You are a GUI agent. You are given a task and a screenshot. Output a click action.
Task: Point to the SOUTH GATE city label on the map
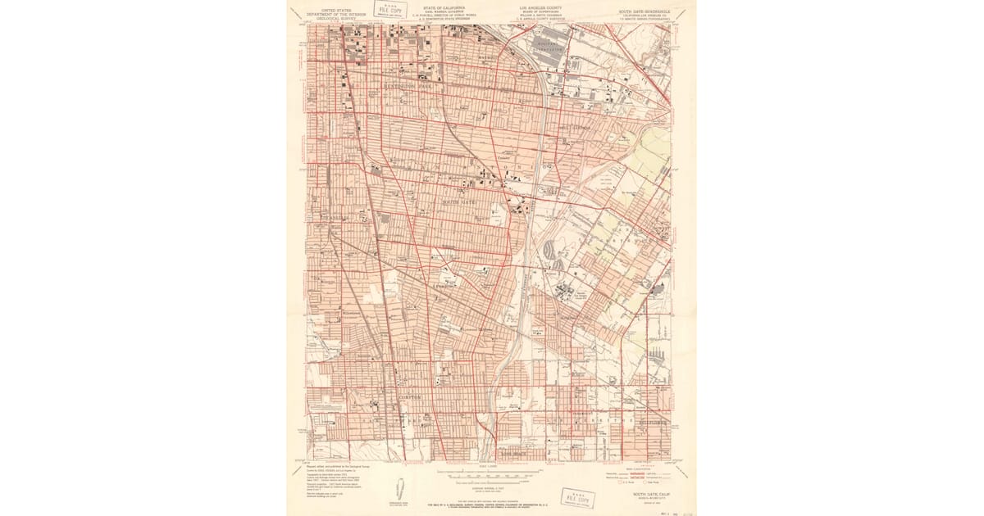pyautogui.click(x=459, y=201)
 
